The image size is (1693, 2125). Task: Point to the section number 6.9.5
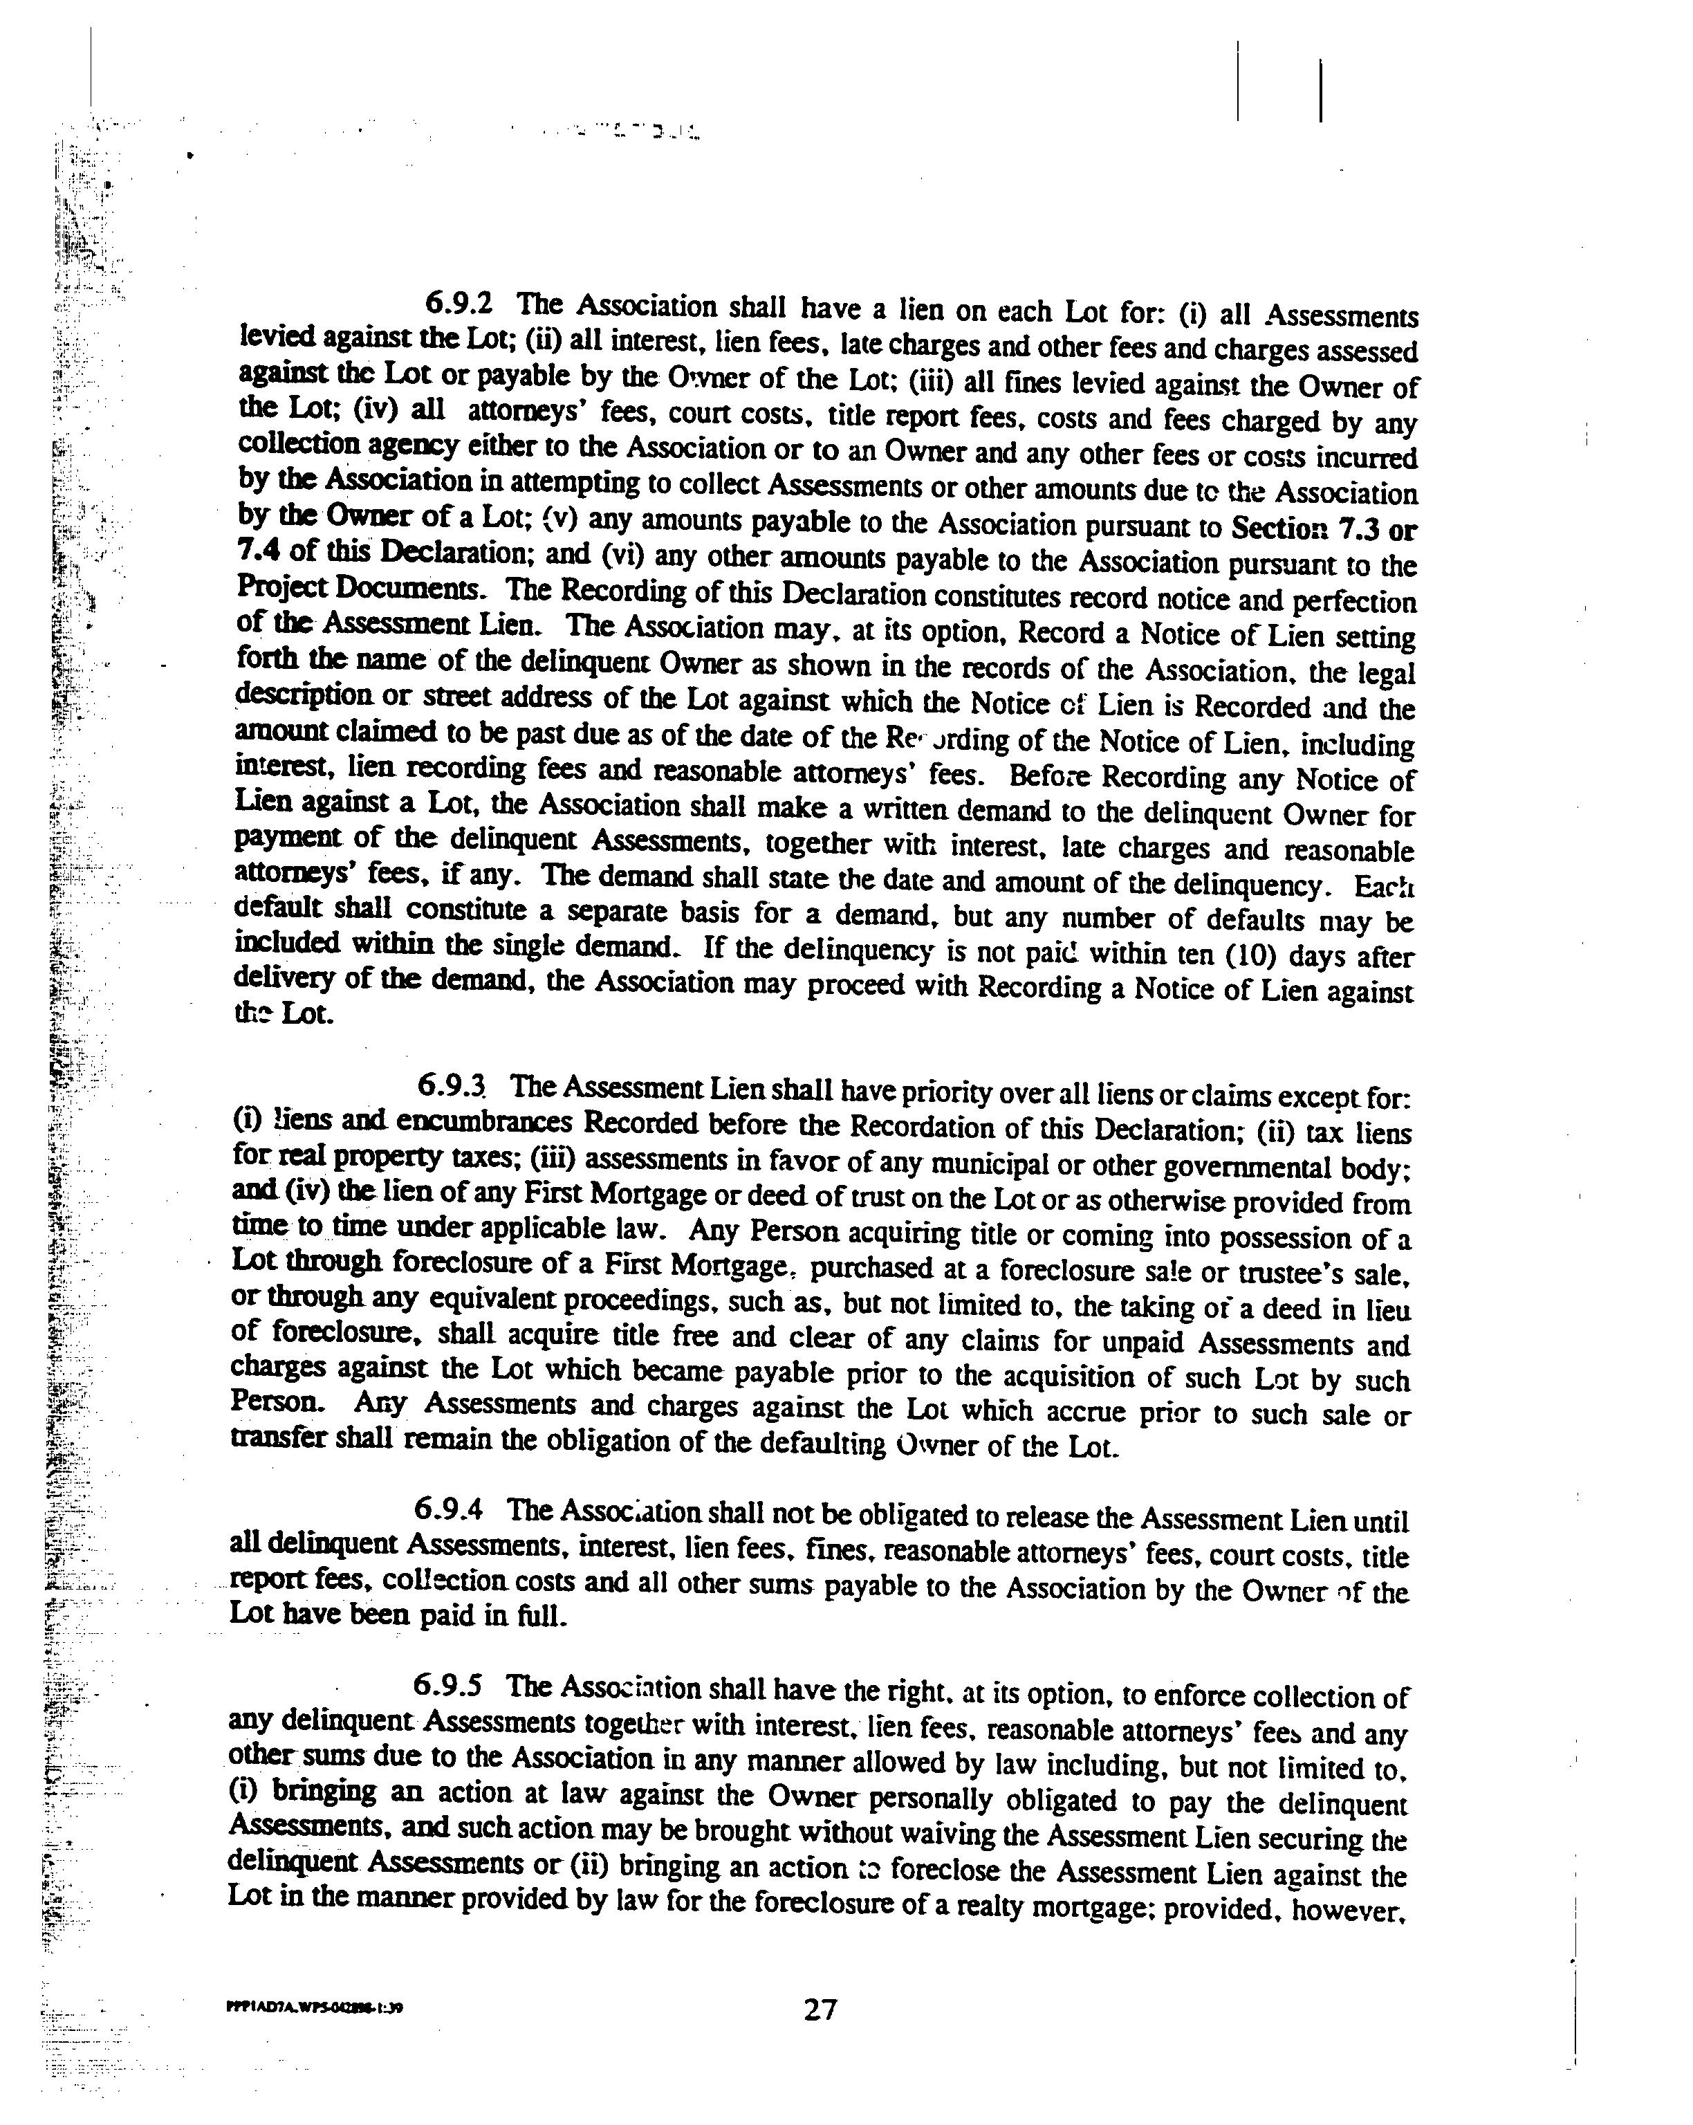tap(447, 1686)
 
